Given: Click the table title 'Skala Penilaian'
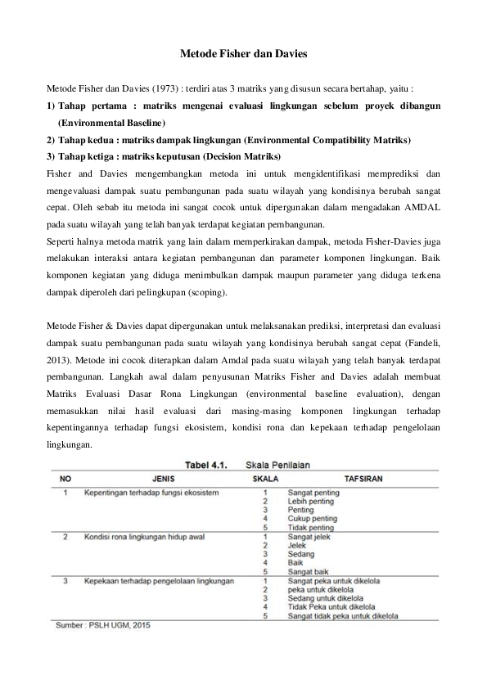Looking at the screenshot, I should tap(278, 463).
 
